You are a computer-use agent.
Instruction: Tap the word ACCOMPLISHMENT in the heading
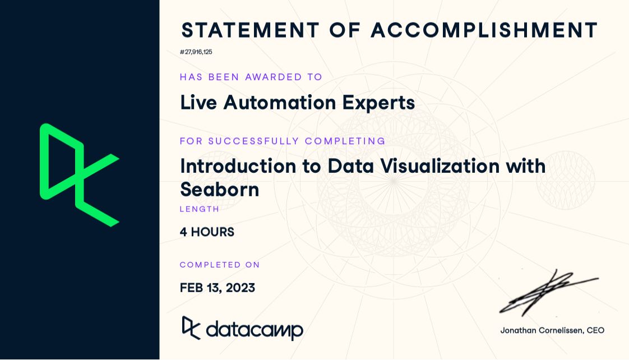(x=484, y=30)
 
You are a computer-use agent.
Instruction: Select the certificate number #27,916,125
(x=196, y=52)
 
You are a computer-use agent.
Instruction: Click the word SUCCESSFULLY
(x=254, y=141)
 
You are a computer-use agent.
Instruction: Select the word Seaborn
(x=220, y=190)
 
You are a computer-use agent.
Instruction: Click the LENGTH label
(x=200, y=209)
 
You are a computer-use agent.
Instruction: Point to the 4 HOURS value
(x=207, y=232)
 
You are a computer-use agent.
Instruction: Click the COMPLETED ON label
(x=220, y=265)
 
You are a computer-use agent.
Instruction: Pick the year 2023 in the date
(x=240, y=288)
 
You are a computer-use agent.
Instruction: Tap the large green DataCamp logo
(x=79, y=175)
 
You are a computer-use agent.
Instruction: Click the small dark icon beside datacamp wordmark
(x=191, y=328)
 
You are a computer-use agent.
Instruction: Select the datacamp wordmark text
(x=255, y=330)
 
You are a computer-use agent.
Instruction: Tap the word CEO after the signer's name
(x=595, y=331)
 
